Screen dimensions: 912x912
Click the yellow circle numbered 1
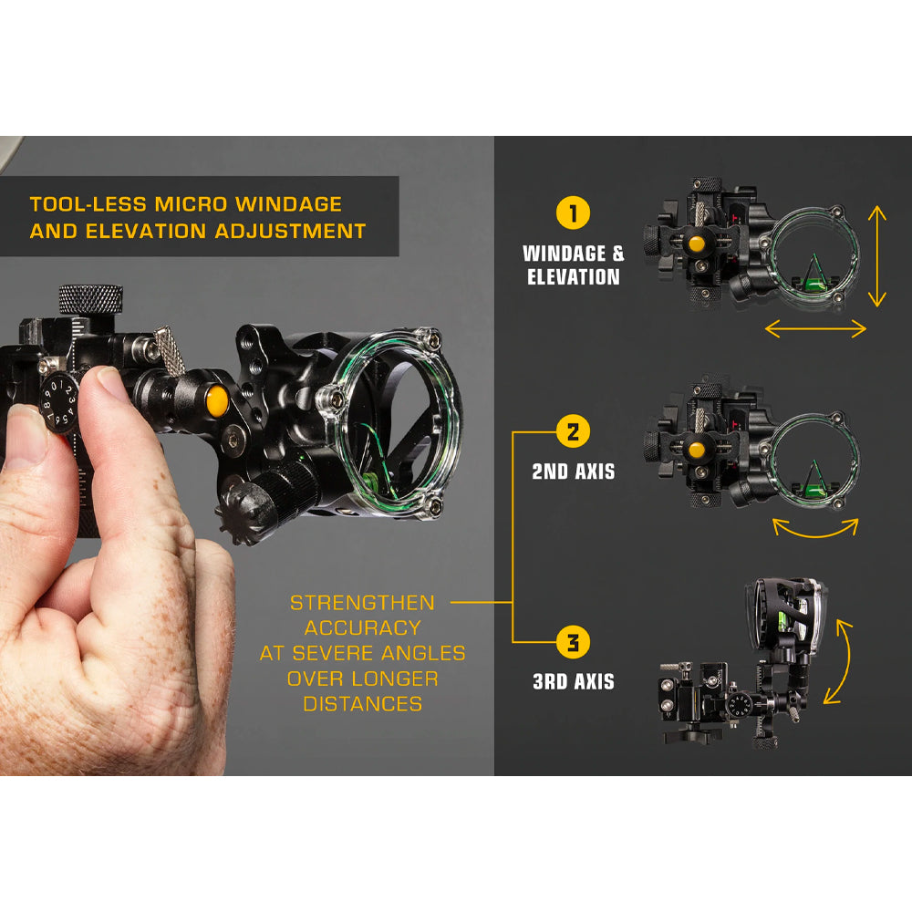point(573,212)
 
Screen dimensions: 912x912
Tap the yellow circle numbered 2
point(573,431)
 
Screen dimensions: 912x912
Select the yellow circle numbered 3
point(573,642)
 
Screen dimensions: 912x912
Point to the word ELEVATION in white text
point(574,277)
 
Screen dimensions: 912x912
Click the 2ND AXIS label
point(574,472)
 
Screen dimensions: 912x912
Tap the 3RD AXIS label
point(574,681)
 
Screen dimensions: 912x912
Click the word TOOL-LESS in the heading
point(88,204)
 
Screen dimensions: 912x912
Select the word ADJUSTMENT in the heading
point(290,231)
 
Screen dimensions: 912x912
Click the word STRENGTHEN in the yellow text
point(362,603)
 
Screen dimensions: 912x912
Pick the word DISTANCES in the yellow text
point(363,704)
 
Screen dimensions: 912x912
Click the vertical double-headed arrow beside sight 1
point(877,256)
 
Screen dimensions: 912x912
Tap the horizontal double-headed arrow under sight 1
point(815,328)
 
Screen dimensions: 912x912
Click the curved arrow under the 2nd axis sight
point(815,533)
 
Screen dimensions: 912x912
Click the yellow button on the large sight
point(217,400)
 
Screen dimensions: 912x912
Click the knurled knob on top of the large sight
point(90,299)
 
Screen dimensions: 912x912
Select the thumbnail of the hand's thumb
point(108,382)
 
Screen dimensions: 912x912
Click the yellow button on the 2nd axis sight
point(696,450)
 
